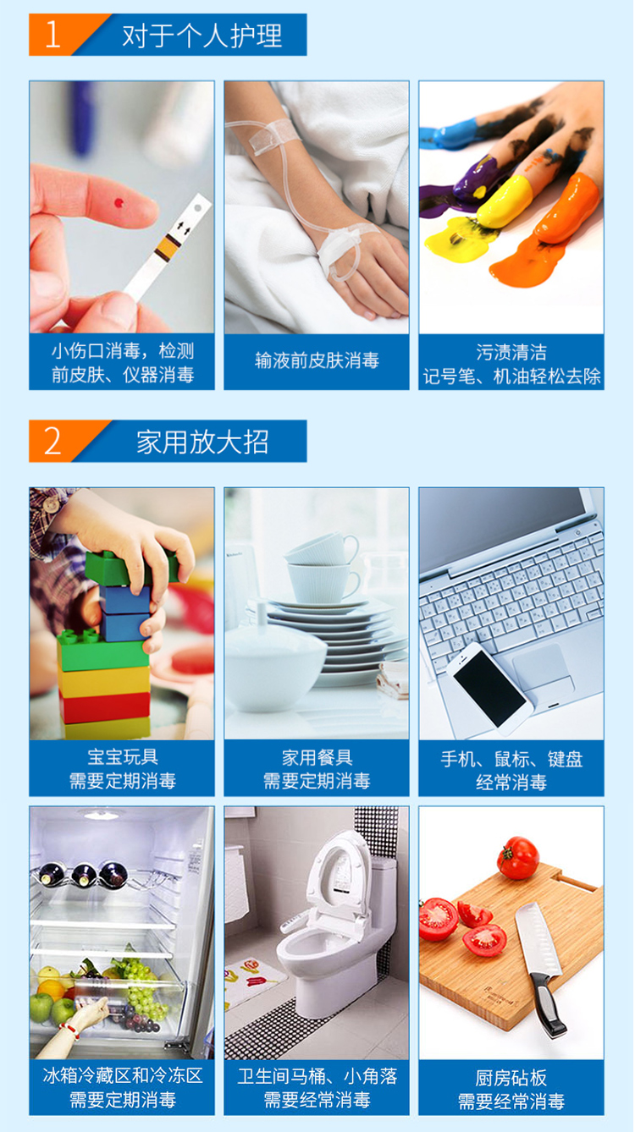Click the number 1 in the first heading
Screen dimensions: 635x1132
click(52, 36)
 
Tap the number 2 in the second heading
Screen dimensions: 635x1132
click(52, 441)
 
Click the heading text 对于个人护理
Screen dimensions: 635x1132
click(202, 36)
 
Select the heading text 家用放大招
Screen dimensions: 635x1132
click(202, 442)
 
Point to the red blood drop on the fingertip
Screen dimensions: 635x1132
click(119, 203)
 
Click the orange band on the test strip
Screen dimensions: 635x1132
click(168, 248)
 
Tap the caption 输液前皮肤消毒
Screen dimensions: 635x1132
click(317, 360)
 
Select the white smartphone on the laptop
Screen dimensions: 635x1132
click(489, 689)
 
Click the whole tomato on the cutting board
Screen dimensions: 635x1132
click(517, 858)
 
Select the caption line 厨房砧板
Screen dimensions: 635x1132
click(511, 1077)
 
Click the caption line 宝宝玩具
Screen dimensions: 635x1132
click(123, 756)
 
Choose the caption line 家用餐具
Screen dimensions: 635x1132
click(317, 757)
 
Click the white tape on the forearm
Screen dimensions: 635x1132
click(268, 132)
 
